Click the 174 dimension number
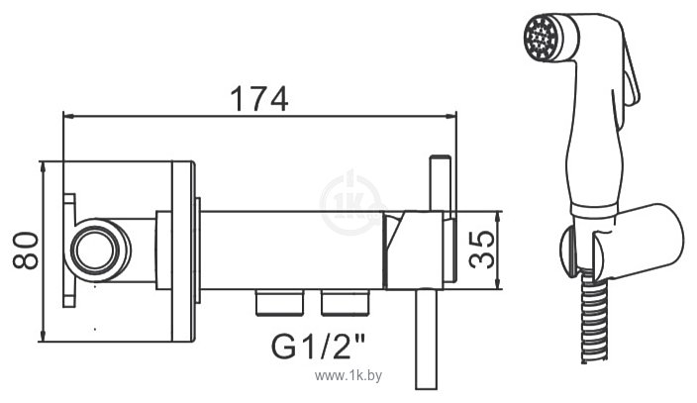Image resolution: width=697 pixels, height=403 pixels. click(x=258, y=98)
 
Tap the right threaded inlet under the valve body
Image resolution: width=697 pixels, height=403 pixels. click(x=339, y=300)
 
